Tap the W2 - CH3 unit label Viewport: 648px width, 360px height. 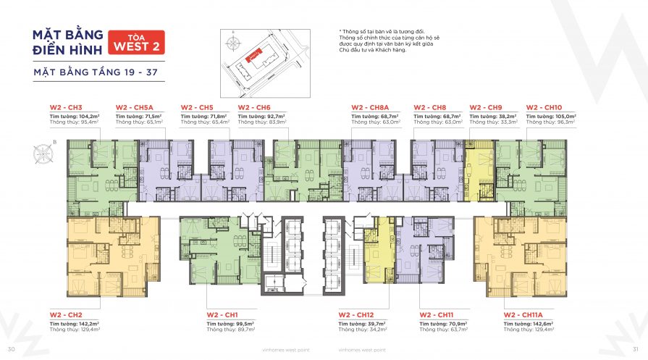pyautogui.click(x=66, y=107)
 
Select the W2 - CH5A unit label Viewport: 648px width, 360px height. pyautogui.click(x=134, y=107)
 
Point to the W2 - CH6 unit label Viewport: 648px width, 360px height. pyautogui.click(x=254, y=107)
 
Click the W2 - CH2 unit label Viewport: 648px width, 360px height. pyautogui.click(x=66, y=314)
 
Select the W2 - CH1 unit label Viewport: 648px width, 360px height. pyautogui.click(x=222, y=314)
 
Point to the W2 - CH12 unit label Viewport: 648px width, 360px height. pyautogui.click(x=357, y=314)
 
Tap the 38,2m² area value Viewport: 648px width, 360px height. pyautogui.click(x=508, y=116)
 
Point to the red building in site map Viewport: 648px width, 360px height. pyautogui.click(x=253, y=55)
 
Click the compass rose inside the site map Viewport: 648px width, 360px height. pyautogui.click(x=232, y=43)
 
